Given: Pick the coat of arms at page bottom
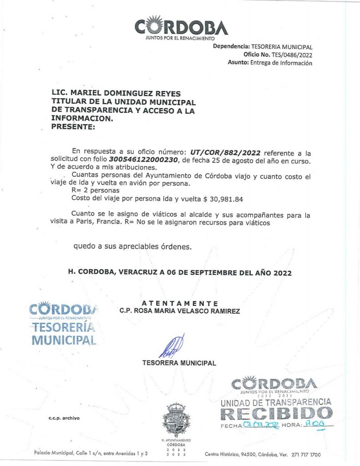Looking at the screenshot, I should (176, 420).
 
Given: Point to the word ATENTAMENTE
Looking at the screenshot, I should (180, 304).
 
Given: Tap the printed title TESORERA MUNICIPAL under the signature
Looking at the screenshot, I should (179, 363).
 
